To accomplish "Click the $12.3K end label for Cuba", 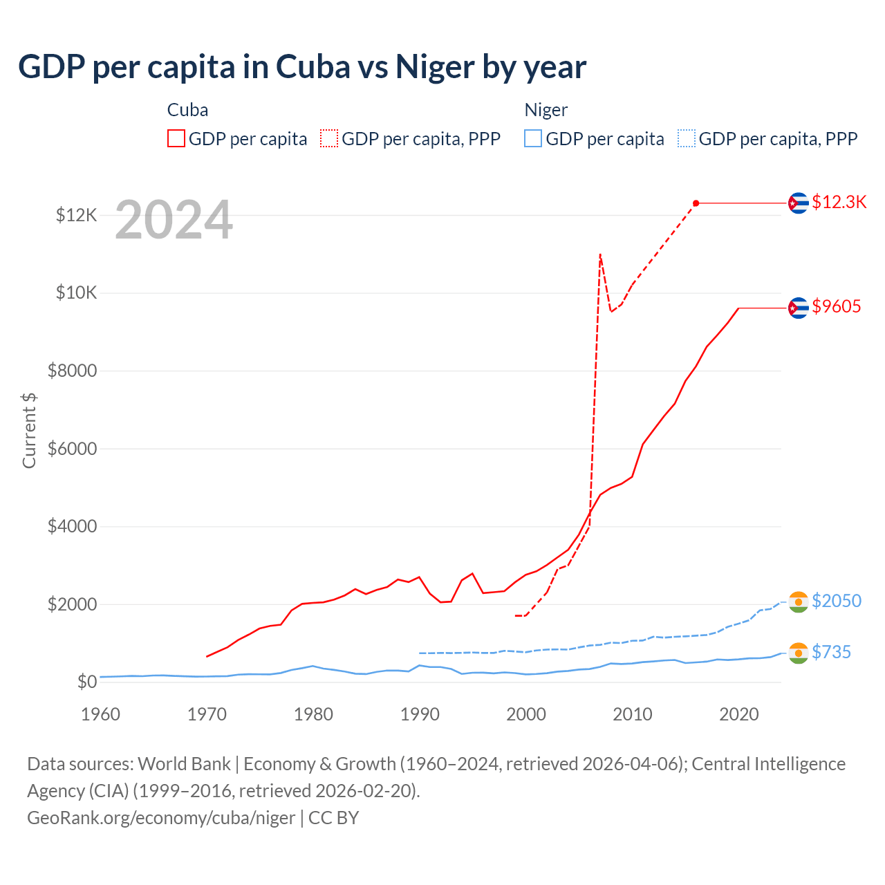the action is [x=839, y=202].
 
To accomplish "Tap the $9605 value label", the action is [x=836, y=306].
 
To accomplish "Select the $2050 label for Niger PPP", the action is [x=836, y=601].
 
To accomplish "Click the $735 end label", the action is [x=831, y=652].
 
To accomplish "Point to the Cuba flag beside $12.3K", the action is [x=799, y=203].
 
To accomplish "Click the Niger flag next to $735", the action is [x=799, y=653].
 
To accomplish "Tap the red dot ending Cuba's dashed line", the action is [x=696, y=203].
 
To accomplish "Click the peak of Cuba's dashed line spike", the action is [x=600, y=254].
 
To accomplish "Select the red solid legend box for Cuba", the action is [x=176, y=139].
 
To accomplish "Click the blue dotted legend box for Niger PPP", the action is [x=687, y=139].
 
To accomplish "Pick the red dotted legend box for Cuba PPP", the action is [x=329, y=139].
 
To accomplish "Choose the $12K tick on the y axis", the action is [x=76, y=216].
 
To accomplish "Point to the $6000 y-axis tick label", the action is [x=72, y=449].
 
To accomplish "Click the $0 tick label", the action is [x=86, y=682].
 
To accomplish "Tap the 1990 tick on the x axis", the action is [x=420, y=714].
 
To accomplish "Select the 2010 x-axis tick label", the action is [x=633, y=714].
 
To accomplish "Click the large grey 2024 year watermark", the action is [x=174, y=220].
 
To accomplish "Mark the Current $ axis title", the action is [x=29, y=430].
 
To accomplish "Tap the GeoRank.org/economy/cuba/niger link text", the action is [x=161, y=818].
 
